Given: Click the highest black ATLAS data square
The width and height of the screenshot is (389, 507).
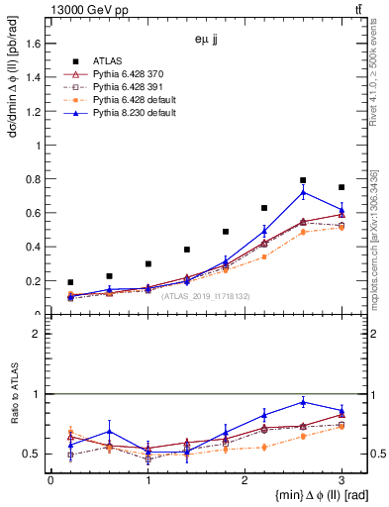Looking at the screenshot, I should [303, 180].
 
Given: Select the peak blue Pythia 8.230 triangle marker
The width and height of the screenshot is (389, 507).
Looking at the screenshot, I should [303, 192].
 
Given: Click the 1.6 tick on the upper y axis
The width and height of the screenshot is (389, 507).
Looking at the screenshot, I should [37, 44].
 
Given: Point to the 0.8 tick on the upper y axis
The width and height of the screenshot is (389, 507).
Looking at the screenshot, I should [37, 179].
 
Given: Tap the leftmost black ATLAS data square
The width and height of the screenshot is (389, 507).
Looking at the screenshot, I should [70, 282].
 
